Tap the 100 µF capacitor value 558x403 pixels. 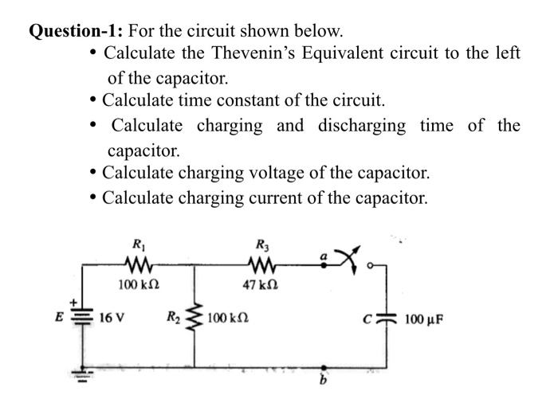429,321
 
